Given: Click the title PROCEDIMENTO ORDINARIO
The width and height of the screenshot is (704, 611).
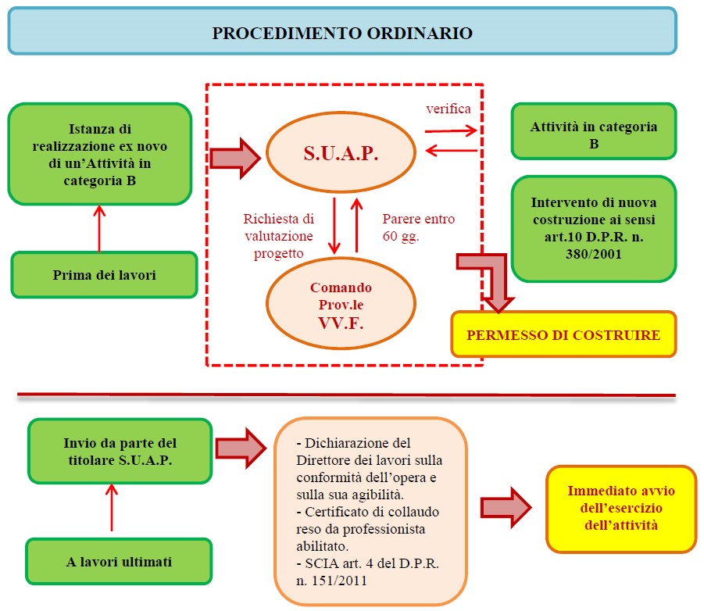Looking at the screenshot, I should (342, 33).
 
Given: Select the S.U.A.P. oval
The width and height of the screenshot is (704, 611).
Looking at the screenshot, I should (341, 153).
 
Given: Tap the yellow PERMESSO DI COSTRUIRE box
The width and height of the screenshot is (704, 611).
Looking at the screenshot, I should (563, 335).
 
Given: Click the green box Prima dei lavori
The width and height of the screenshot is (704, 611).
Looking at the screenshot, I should (103, 274).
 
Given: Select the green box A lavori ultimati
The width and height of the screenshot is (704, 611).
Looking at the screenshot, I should (120, 561).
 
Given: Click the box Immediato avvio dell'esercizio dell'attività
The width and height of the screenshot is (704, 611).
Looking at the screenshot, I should (620, 509).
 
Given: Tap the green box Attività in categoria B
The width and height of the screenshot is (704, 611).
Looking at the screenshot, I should (594, 134).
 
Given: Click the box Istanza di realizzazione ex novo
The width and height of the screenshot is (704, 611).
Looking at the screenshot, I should (99, 153).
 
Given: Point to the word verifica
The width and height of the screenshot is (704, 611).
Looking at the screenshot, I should (448, 109).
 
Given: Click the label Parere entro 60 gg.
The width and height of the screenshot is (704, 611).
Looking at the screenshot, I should (419, 227).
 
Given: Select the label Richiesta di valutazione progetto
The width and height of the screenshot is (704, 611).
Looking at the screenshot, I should (279, 236).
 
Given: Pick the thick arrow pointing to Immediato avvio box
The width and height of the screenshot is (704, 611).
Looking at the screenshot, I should (505, 507).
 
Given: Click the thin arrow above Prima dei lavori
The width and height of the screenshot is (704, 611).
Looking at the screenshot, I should (99, 227).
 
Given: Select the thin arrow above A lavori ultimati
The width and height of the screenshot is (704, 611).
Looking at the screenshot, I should (112, 507).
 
